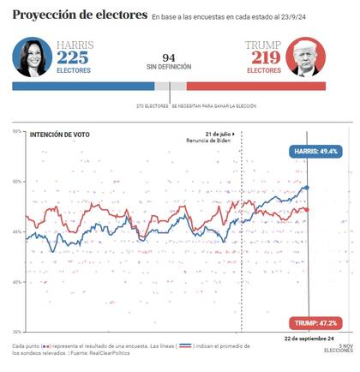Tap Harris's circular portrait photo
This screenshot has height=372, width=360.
coord(32,57)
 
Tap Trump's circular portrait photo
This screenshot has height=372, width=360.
coord(306,57)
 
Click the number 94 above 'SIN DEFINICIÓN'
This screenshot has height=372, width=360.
coord(169,57)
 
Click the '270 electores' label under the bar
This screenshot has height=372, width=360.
coord(152,105)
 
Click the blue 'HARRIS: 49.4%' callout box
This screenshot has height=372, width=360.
coord(315,150)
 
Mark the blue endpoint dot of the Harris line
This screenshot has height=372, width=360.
coord(308,187)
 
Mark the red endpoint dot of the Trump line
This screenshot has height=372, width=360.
coord(308,209)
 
